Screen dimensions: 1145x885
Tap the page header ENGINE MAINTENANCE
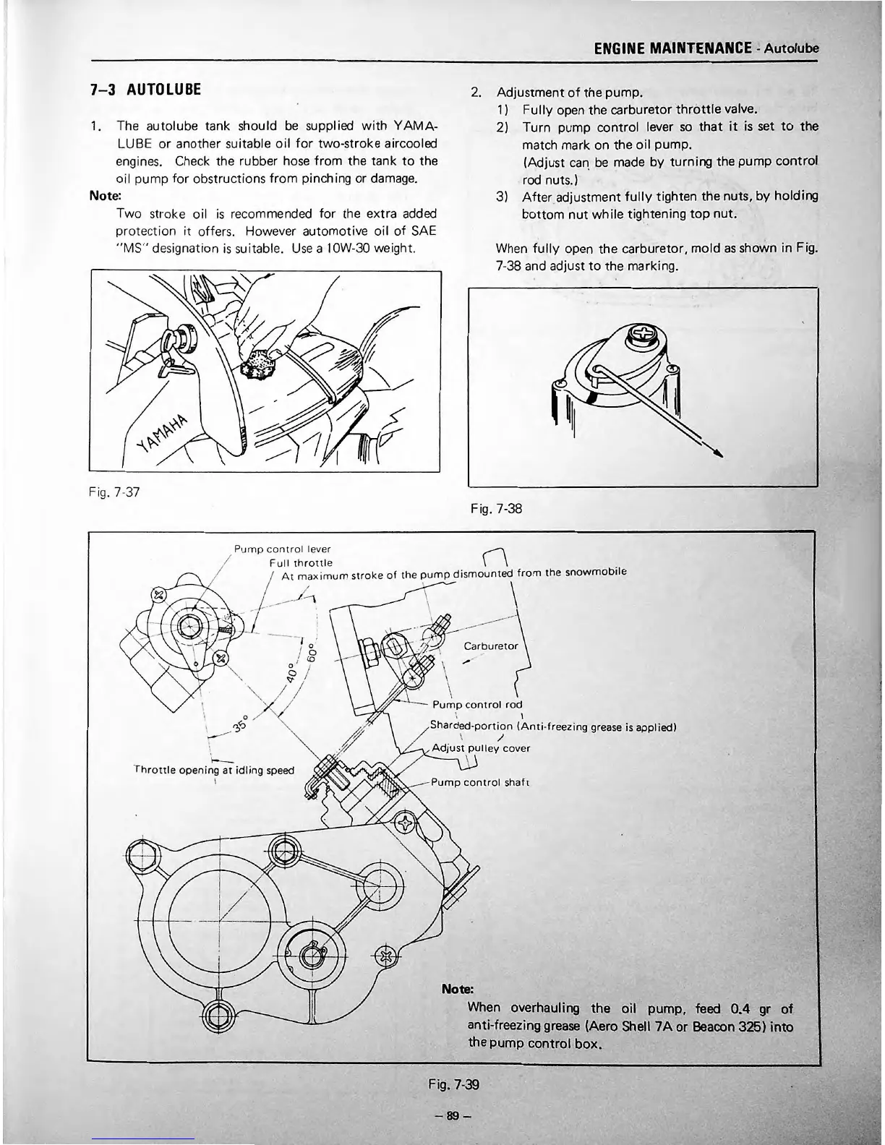click(672, 48)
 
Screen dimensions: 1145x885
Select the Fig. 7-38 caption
click(495, 508)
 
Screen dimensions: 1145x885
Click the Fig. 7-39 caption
click(453, 1084)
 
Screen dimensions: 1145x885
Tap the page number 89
click(453, 1115)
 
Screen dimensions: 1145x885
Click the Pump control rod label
click(476, 704)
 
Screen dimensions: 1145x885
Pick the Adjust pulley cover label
click(480, 748)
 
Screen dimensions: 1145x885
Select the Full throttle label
click(300, 562)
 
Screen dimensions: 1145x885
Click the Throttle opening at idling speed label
click(215, 770)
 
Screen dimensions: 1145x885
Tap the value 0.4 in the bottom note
click(737, 1008)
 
